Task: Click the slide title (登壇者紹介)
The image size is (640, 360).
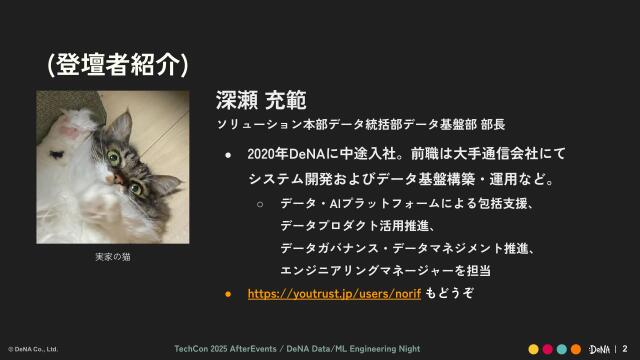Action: [118, 64]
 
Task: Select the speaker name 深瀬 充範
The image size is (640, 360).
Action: [260, 101]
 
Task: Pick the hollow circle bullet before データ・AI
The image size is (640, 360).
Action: [260, 204]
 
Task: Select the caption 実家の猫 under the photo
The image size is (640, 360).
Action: [113, 257]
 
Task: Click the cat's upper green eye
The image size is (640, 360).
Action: [119, 154]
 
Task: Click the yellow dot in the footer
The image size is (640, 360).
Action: [534, 348]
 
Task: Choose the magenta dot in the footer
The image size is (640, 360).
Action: [548, 348]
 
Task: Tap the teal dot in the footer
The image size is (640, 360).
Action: [562, 348]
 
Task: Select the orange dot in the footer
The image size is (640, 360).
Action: [576, 348]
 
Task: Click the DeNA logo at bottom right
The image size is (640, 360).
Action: [599, 348]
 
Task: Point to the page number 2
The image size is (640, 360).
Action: [624, 348]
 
